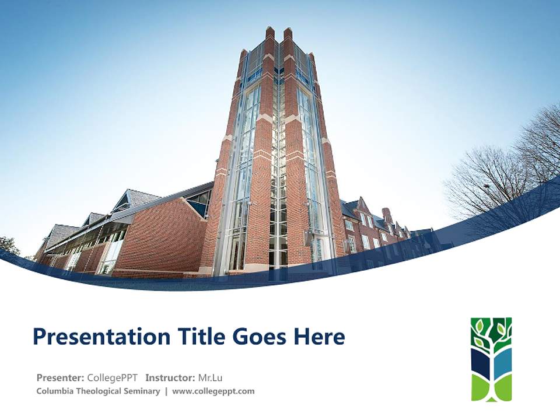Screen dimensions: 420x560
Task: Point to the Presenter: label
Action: click(61, 377)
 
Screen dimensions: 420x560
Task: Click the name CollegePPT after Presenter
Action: click(112, 377)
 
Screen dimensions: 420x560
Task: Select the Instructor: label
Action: click(170, 377)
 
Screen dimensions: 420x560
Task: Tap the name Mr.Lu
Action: click(211, 377)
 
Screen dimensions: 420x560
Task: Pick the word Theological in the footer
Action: click(99, 391)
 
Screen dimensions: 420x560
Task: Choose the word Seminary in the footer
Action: click(142, 391)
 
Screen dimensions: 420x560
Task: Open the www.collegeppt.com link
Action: click(213, 391)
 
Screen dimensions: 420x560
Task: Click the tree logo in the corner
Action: click(491, 359)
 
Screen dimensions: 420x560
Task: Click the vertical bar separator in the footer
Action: click(166, 391)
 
